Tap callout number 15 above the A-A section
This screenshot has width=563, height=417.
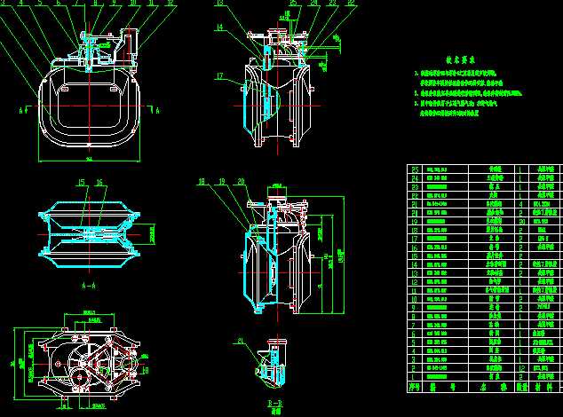pos(80,183)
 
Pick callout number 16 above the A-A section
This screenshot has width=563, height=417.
pos(99,183)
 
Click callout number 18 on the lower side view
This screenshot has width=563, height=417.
pos(201,182)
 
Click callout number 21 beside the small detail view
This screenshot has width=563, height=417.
pos(240,341)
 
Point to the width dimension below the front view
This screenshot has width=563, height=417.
pos(90,159)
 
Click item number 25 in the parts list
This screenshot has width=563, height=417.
pos(414,168)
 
